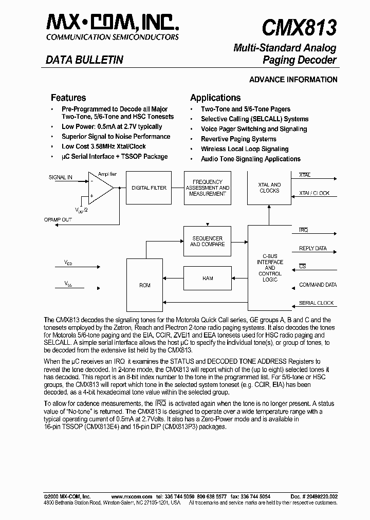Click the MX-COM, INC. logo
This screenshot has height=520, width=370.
(x=113, y=23)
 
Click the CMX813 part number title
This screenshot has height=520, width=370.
(x=299, y=27)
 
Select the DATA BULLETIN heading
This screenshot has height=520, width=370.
(x=84, y=60)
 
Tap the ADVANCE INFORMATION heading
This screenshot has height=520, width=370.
(x=293, y=80)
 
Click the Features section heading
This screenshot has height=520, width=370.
(x=68, y=98)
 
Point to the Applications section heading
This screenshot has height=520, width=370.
(x=215, y=98)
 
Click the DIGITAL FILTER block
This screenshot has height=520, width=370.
(x=149, y=188)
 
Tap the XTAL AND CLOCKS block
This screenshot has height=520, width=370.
(x=269, y=188)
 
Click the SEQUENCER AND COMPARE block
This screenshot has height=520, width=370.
(x=208, y=242)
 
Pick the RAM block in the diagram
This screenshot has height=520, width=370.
(x=208, y=278)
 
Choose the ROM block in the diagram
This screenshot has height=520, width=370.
(x=144, y=285)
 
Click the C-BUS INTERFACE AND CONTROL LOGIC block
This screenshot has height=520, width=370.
(x=270, y=267)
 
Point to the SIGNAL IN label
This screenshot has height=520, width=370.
(x=61, y=177)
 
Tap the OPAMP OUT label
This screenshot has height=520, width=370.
(x=58, y=219)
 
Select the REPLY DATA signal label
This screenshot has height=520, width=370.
(x=312, y=249)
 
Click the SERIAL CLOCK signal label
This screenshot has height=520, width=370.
(x=316, y=303)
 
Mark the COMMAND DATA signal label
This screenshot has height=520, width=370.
(x=318, y=285)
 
